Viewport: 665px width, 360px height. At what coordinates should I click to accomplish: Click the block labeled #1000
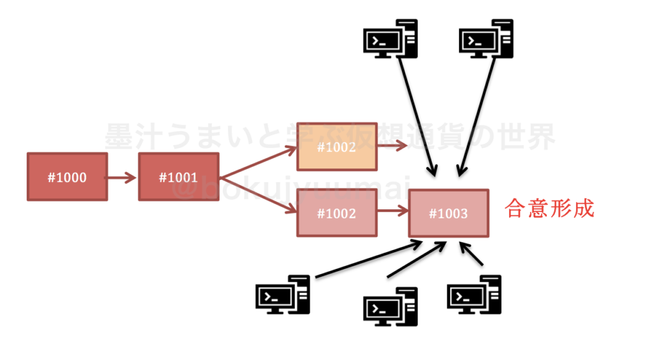[x=67, y=177]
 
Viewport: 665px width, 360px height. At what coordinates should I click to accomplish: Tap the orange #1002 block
[x=336, y=147]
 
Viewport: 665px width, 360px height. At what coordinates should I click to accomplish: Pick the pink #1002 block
[x=336, y=212]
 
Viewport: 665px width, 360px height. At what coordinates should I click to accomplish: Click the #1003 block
[x=448, y=213]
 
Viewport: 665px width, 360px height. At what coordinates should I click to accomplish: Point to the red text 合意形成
[x=550, y=209]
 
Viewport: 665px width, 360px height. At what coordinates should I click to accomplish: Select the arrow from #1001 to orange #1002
[x=258, y=162]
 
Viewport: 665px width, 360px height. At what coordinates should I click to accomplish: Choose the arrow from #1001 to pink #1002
[x=258, y=194]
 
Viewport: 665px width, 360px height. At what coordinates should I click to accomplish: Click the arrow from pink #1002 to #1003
[x=392, y=212]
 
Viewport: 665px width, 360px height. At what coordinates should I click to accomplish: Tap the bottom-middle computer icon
[x=390, y=307]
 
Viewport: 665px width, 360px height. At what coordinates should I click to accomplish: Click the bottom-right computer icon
[x=475, y=294]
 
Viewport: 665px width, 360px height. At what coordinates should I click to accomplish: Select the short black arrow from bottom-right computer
[x=472, y=255]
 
